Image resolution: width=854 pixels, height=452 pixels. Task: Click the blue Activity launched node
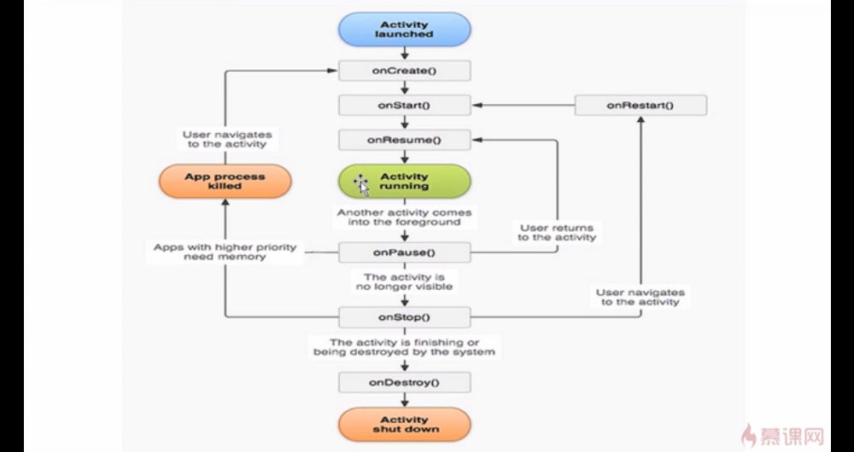(x=405, y=29)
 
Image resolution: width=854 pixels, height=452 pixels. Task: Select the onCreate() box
(x=405, y=71)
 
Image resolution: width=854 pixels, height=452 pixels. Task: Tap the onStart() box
(x=405, y=105)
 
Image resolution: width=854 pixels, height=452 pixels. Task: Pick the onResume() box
(x=405, y=140)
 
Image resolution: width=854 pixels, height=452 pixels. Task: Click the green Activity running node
(x=405, y=181)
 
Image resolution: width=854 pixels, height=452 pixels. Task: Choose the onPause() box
(x=405, y=252)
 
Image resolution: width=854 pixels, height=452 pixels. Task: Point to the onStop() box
(x=405, y=317)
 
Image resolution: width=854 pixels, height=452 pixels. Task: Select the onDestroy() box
(x=405, y=382)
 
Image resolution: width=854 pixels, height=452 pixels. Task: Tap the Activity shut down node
(x=405, y=424)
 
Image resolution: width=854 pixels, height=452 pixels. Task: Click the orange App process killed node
(x=225, y=181)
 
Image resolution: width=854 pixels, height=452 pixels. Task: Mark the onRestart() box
(x=640, y=105)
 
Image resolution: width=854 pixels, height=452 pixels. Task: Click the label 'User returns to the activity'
(x=557, y=233)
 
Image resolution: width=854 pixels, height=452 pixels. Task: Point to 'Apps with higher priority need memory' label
(x=225, y=252)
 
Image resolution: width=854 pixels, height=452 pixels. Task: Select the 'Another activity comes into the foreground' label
(x=405, y=217)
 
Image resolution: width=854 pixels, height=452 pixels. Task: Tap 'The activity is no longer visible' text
(x=405, y=281)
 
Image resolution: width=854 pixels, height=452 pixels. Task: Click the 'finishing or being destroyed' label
(x=405, y=347)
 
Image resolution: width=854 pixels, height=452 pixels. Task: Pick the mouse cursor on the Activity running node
(x=361, y=185)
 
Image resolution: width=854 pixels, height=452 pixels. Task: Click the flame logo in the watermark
(x=749, y=436)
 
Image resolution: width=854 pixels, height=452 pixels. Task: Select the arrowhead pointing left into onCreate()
(x=332, y=71)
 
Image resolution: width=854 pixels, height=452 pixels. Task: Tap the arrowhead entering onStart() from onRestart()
(x=477, y=105)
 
